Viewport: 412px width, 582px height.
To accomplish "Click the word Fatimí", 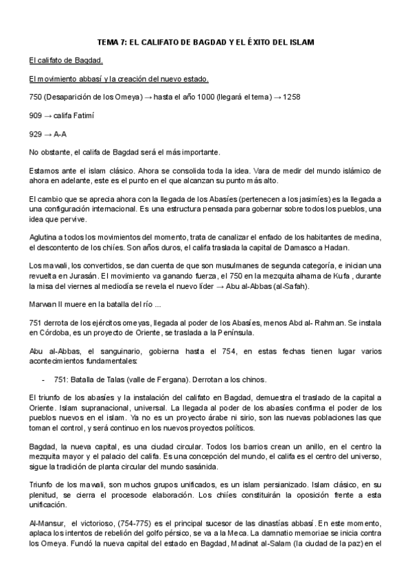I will coord(81,115).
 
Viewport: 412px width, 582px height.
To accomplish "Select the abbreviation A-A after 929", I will coord(60,133).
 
